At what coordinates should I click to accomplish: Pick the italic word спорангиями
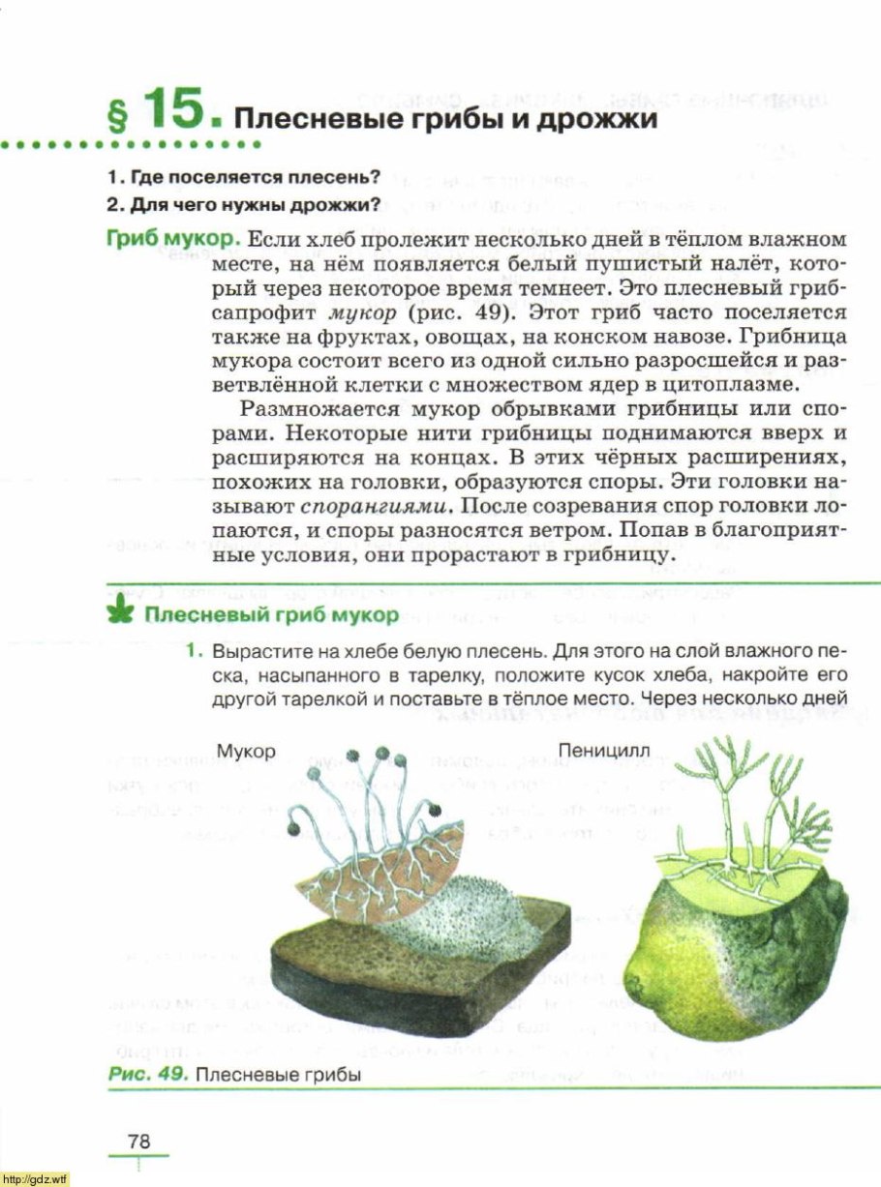pos(376,505)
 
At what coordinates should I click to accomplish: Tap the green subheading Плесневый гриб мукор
pos(270,615)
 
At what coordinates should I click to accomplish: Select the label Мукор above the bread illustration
pos(247,751)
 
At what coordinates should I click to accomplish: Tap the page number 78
pos(139,1142)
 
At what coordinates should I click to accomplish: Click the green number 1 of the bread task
pos(194,650)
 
